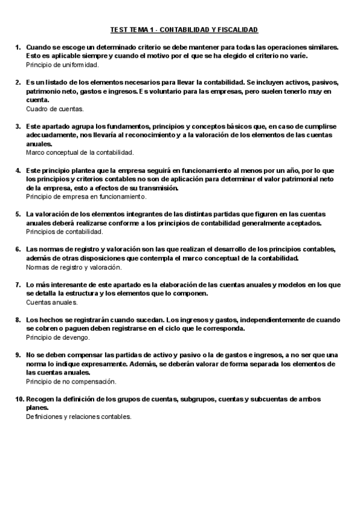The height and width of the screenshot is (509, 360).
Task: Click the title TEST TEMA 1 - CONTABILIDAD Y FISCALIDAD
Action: [x=184, y=29]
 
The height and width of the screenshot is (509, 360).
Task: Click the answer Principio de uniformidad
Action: [x=60, y=64]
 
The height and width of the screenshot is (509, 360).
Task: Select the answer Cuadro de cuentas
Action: [x=55, y=109]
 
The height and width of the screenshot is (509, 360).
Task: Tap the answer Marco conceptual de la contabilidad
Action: [x=76, y=153]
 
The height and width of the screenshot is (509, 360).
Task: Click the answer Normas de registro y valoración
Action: [x=74, y=267]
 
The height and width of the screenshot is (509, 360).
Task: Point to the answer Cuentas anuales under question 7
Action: [x=52, y=303]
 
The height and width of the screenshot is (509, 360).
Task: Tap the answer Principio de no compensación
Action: [x=71, y=381]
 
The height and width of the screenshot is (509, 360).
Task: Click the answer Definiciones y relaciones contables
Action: [x=79, y=417]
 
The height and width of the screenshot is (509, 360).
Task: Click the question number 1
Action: [x=18, y=47]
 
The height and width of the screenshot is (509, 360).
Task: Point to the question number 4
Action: [x=18, y=170]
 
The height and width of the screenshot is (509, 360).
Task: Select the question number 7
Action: [x=18, y=285]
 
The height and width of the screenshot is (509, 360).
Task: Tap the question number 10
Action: [x=19, y=399]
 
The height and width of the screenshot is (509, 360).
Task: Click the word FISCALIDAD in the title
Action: [x=236, y=29]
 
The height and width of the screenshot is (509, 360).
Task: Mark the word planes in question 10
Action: [x=37, y=408]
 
